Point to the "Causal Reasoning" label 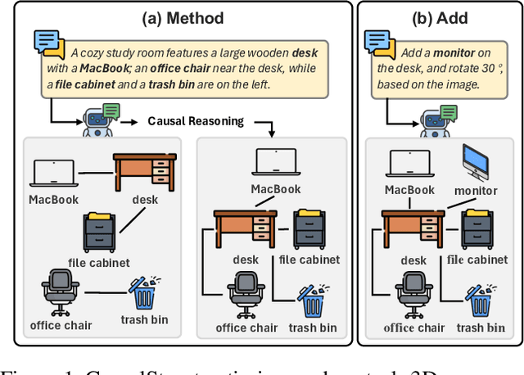point(196,121)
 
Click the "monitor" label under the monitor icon point(476,190)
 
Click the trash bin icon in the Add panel point(479,300)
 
